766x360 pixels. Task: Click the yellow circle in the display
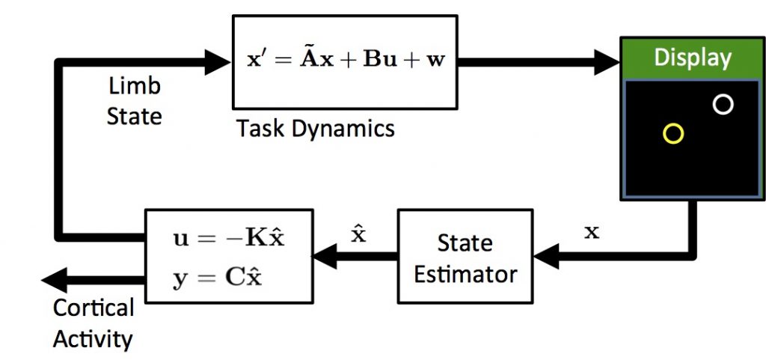coord(673,134)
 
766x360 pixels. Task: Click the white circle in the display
coord(723,104)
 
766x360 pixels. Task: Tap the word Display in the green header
coord(692,58)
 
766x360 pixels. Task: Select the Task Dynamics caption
coord(315,129)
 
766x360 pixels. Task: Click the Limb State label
coord(135,101)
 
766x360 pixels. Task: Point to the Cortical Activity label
coord(94,323)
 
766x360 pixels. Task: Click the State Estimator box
coord(465,257)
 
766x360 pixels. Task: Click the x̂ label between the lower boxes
coord(358,234)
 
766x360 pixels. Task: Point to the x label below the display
coord(592,233)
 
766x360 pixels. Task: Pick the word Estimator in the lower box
coord(465,274)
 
